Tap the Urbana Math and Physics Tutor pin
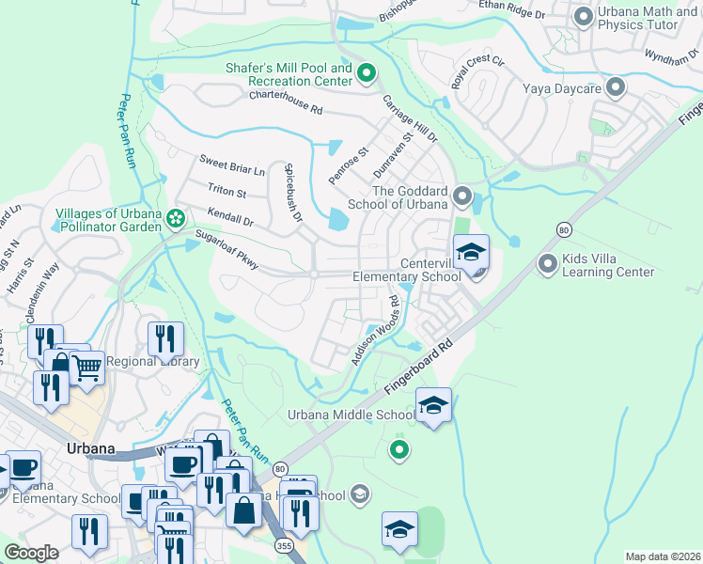click(583, 16)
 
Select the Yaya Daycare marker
click(616, 88)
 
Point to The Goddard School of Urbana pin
click(461, 196)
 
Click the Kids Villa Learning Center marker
click(548, 264)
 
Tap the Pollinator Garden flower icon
click(175, 219)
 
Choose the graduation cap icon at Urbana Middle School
click(433, 405)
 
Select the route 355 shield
click(282, 544)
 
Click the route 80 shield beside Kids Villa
click(563, 228)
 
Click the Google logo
click(32, 553)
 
